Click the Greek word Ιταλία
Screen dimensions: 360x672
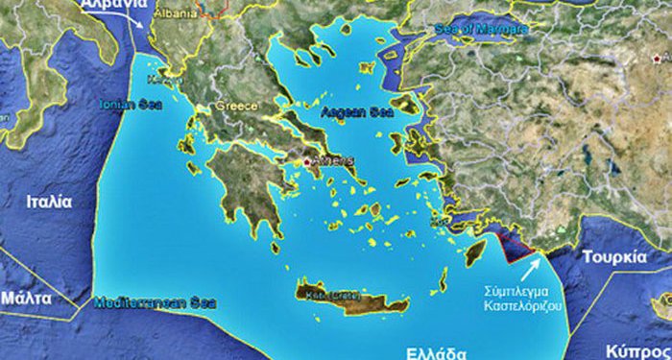50,203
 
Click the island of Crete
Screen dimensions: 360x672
346,293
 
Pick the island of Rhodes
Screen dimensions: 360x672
474,252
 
